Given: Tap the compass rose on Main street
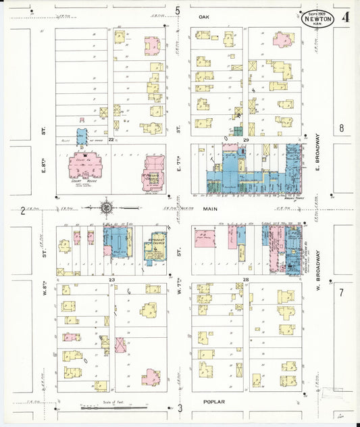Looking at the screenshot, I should pyautogui.click(x=107, y=207).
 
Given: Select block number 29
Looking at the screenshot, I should pyautogui.click(x=247, y=139).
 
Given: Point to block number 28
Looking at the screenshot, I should pyautogui.click(x=247, y=279).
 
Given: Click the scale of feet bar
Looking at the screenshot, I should pyautogui.click(x=115, y=407).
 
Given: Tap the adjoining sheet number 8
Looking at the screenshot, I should pyautogui.click(x=342, y=128).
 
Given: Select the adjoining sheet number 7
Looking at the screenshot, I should pyautogui.click(x=342, y=293).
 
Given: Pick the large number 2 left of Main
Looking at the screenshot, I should pyautogui.click(x=23, y=211).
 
